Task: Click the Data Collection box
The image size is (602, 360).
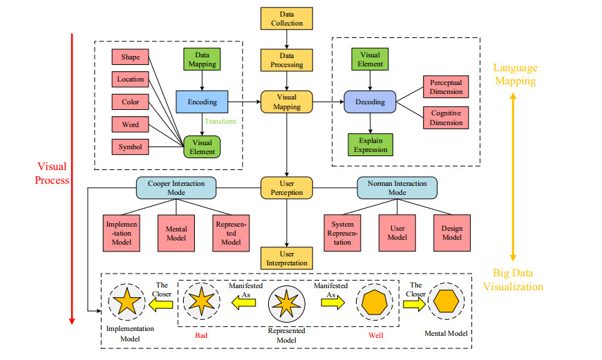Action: (286, 19)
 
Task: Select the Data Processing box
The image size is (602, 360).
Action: (286, 60)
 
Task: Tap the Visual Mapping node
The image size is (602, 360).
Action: (286, 102)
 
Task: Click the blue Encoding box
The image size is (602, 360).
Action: (202, 102)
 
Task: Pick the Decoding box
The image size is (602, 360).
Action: (370, 102)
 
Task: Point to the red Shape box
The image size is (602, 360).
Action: (130, 57)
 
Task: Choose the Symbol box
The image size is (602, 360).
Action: (130, 147)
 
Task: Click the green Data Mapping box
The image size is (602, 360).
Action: (202, 59)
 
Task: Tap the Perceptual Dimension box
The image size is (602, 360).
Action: (446, 86)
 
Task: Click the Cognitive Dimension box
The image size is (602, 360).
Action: (446, 118)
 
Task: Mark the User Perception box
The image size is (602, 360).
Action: (286, 187)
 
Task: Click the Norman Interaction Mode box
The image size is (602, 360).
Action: (397, 187)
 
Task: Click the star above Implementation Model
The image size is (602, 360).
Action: (126, 303)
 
